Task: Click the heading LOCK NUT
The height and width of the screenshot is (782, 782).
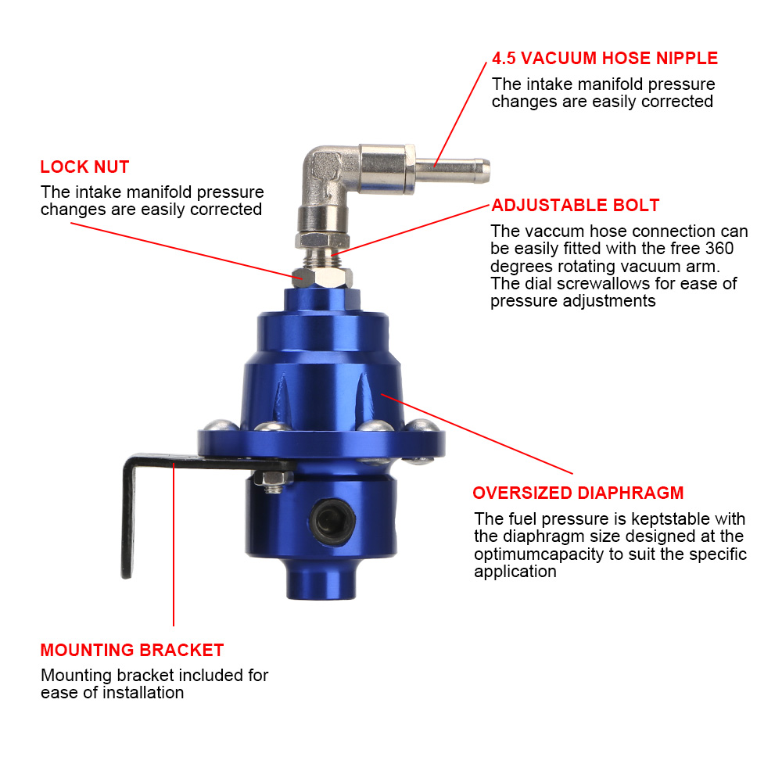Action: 84,167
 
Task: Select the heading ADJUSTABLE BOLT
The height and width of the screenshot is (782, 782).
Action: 575,206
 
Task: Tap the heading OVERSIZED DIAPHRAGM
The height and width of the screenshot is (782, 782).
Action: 578,493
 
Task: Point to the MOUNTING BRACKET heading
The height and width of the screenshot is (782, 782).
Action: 131,651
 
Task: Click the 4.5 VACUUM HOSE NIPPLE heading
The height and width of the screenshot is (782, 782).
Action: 604,59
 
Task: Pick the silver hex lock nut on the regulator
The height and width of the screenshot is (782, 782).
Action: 301,276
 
